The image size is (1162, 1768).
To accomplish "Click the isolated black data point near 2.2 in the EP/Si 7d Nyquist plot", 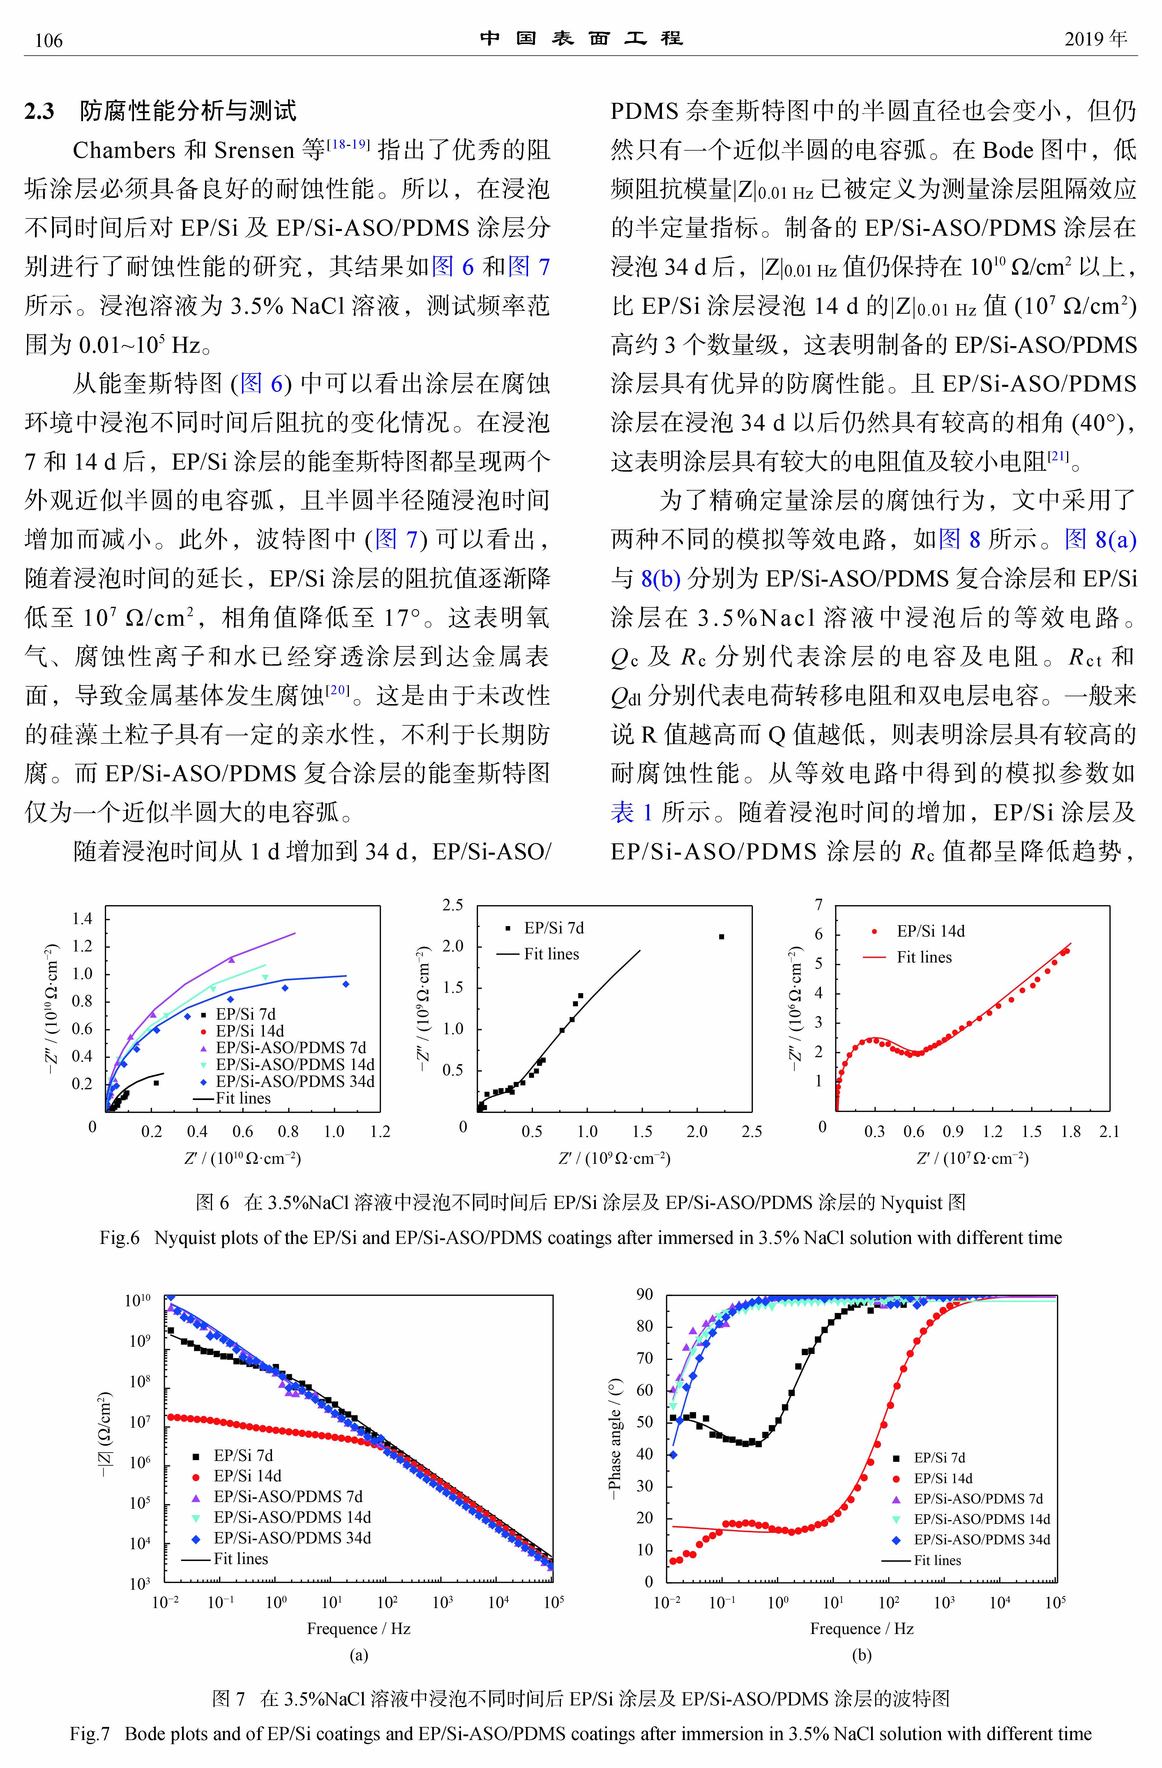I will coord(721,937).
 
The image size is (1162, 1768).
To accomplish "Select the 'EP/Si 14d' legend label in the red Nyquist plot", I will coord(930,931).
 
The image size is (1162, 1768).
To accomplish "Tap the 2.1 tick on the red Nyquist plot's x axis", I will coord(1109,1131).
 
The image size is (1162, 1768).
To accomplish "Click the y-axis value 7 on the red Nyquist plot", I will coord(819,905).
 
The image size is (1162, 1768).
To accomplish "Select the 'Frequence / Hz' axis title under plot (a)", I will coord(359,1628).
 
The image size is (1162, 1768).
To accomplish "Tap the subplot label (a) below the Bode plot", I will coord(359,1655).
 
